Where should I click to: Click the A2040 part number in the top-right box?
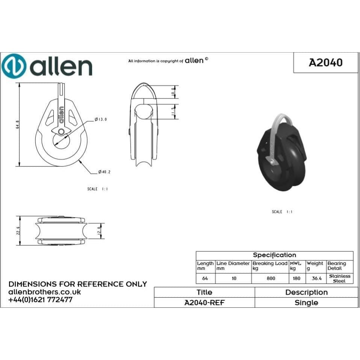(x=325, y=62)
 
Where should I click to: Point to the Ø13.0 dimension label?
(x=101, y=119)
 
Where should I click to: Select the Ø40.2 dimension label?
(x=104, y=172)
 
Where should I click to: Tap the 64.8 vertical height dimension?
(x=18, y=125)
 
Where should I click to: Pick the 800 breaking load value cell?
(x=271, y=278)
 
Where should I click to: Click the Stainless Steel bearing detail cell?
(x=340, y=278)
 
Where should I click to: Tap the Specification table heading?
(x=274, y=255)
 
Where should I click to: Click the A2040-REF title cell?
(x=204, y=303)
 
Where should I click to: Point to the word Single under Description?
(x=306, y=303)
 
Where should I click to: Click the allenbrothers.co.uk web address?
(x=44, y=292)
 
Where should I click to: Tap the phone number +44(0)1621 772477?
(x=40, y=300)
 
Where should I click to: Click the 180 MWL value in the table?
(x=297, y=278)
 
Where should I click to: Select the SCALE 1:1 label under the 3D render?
(x=282, y=212)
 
